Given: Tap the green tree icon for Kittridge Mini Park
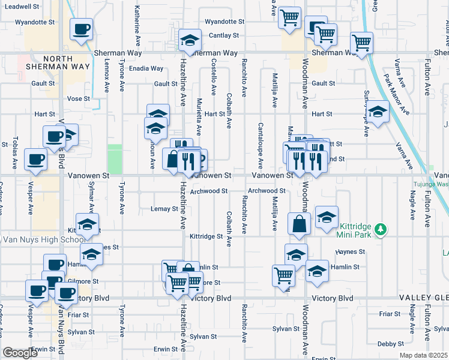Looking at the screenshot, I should point(380,229).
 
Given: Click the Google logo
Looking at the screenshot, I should point(20,353).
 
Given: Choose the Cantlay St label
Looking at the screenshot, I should point(224,36).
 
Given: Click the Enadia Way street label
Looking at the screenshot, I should point(146,68).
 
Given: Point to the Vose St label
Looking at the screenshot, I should point(79,98).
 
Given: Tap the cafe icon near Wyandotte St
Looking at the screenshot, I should point(81,28).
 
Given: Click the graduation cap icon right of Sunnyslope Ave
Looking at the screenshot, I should point(378,111).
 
